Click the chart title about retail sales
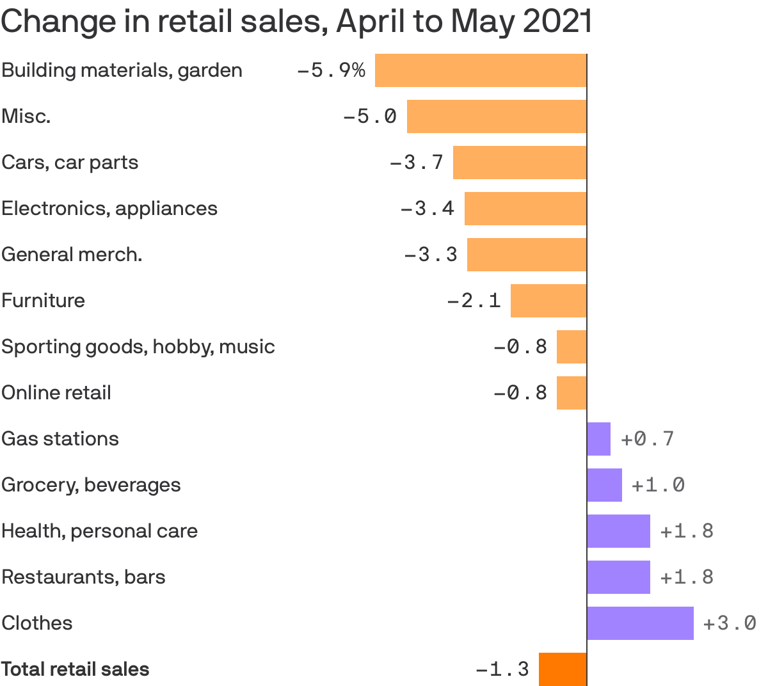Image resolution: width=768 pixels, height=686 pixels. coord(296,22)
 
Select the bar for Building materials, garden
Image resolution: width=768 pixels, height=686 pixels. coord(481,70)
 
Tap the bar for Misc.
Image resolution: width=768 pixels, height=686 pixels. coord(497,116)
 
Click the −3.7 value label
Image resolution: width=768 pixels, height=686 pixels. coord(417,163)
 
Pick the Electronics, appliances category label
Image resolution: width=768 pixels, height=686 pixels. coord(109,209)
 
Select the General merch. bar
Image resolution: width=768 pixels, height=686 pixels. coord(527,255)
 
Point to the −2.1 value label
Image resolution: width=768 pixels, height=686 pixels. coord(474,301)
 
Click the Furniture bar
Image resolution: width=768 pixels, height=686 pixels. coord(548,301)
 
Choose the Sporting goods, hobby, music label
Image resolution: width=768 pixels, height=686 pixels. coord(138,347)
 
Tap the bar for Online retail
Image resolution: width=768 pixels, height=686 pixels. coord(572,393)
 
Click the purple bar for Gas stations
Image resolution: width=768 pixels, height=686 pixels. coord(599,439)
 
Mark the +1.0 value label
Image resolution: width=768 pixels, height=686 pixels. coord(658,485)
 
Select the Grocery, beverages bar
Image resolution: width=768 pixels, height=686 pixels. coord(605,485)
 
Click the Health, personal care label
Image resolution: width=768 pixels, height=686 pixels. coord(100,531)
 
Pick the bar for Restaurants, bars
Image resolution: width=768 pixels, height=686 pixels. coord(619,577)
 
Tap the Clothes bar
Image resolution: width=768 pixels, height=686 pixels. coord(641,623)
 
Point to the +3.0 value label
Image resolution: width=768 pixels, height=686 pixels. coord(730,623)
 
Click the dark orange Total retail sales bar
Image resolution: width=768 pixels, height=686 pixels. coord(563,669)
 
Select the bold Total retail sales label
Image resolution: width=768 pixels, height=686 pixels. coord(76,669)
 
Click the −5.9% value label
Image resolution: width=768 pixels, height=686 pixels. coord(331,70)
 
